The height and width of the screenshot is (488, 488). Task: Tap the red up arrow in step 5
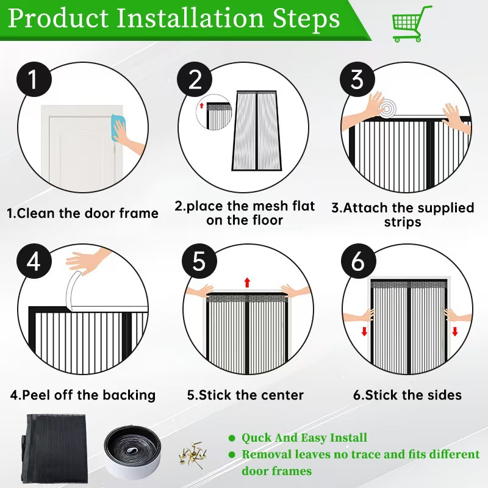(x=247, y=282)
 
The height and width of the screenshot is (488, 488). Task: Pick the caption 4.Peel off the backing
(x=83, y=395)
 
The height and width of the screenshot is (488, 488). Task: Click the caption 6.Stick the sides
(x=407, y=395)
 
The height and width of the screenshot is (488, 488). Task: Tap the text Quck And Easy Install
(x=304, y=437)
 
